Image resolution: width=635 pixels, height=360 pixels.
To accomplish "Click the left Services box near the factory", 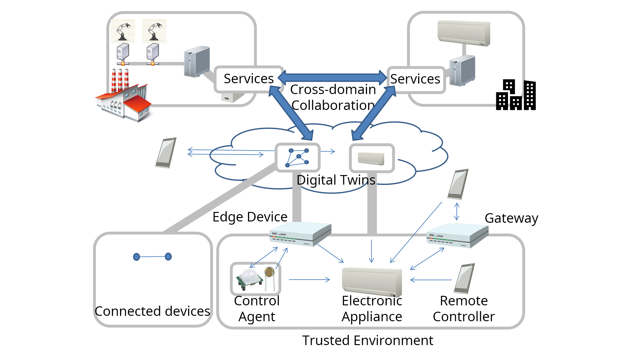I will pyautogui.click(x=249, y=79).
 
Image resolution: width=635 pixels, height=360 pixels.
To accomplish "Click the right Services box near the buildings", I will pyautogui.click(x=415, y=79).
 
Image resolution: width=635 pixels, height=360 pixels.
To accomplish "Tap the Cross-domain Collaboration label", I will pyautogui.click(x=333, y=97).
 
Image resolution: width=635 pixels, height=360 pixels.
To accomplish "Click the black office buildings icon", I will pyautogui.click(x=516, y=95).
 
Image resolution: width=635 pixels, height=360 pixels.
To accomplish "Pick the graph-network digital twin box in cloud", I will pyautogui.click(x=297, y=158).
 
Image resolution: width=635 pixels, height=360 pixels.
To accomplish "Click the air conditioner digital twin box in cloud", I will pyautogui.click(x=371, y=158).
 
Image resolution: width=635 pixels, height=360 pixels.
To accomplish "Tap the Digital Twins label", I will pyautogui.click(x=336, y=180).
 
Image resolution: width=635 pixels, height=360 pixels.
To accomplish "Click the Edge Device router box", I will pyautogui.click(x=300, y=234).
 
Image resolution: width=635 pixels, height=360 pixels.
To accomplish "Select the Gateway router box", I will pyautogui.click(x=457, y=235).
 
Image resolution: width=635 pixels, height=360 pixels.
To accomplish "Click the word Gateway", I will pyautogui.click(x=511, y=218).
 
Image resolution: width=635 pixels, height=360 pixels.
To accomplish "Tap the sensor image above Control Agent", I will pyautogui.click(x=255, y=279).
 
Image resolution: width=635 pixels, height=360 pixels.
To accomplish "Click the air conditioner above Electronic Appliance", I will pyautogui.click(x=372, y=282).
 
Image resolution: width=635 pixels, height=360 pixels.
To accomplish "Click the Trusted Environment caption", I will pyautogui.click(x=367, y=341).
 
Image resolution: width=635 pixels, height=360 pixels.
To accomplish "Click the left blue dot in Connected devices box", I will pyautogui.click(x=137, y=257).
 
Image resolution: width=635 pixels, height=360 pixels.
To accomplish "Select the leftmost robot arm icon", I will pyautogui.click(x=123, y=31).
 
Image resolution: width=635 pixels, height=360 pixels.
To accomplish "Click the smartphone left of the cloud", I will pyautogui.click(x=166, y=153).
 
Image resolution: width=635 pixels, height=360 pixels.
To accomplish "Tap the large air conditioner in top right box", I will pyautogui.click(x=464, y=33).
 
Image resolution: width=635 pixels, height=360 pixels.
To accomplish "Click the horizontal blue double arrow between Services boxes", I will pyautogui.click(x=332, y=77).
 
